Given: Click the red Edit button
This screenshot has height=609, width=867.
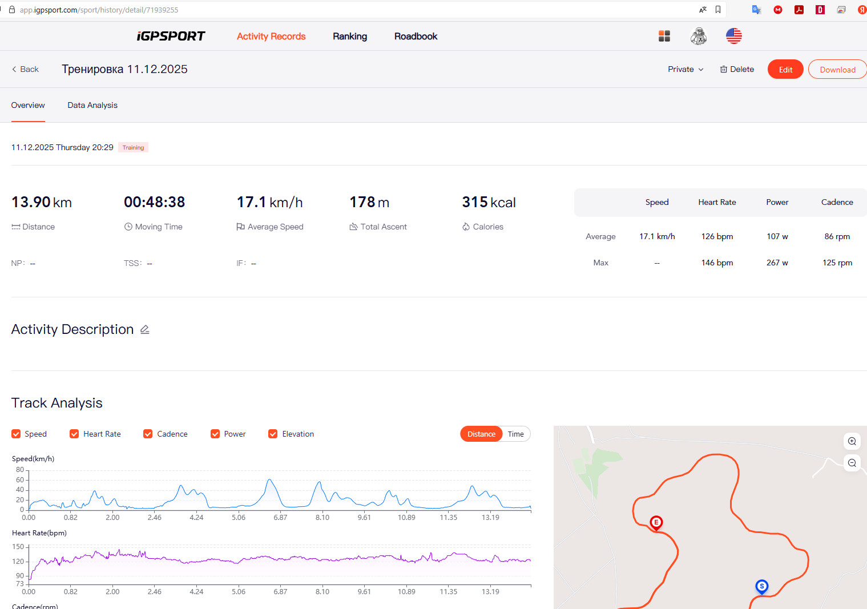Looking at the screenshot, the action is click(x=785, y=69).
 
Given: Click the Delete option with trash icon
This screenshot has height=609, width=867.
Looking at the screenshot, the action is click(x=737, y=69).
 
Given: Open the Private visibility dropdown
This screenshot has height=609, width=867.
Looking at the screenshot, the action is click(x=685, y=69).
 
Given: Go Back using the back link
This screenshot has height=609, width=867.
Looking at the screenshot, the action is click(x=25, y=69).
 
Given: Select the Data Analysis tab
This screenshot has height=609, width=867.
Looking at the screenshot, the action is click(x=92, y=106).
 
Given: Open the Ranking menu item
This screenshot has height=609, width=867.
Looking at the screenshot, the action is click(x=350, y=37).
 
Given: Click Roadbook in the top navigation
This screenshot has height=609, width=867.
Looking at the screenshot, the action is click(x=416, y=37).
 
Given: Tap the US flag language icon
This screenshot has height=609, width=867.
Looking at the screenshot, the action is click(x=733, y=37).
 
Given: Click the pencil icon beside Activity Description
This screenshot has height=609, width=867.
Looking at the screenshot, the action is click(x=145, y=329).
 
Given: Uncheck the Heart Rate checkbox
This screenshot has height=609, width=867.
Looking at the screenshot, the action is click(x=74, y=434).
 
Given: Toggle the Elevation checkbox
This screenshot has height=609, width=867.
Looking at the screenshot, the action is click(x=273, y=434).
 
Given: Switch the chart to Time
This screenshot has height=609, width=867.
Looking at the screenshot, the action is click(x=515, y=434).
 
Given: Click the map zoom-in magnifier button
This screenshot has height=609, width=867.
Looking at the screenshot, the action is click(x=852, y=441).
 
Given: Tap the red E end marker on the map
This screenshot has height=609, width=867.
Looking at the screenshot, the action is click(x=656, y=523).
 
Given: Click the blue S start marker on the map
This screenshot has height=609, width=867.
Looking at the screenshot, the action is click(x=762, y=587).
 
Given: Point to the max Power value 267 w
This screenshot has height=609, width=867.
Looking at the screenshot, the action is click(x=777, y=263).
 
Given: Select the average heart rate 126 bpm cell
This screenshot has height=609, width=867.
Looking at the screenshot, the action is click(x=717, y=236).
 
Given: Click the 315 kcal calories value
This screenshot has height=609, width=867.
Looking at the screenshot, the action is click(x=489, y=202).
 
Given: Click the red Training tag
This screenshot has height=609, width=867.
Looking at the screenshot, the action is click(x=133, y=147).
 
